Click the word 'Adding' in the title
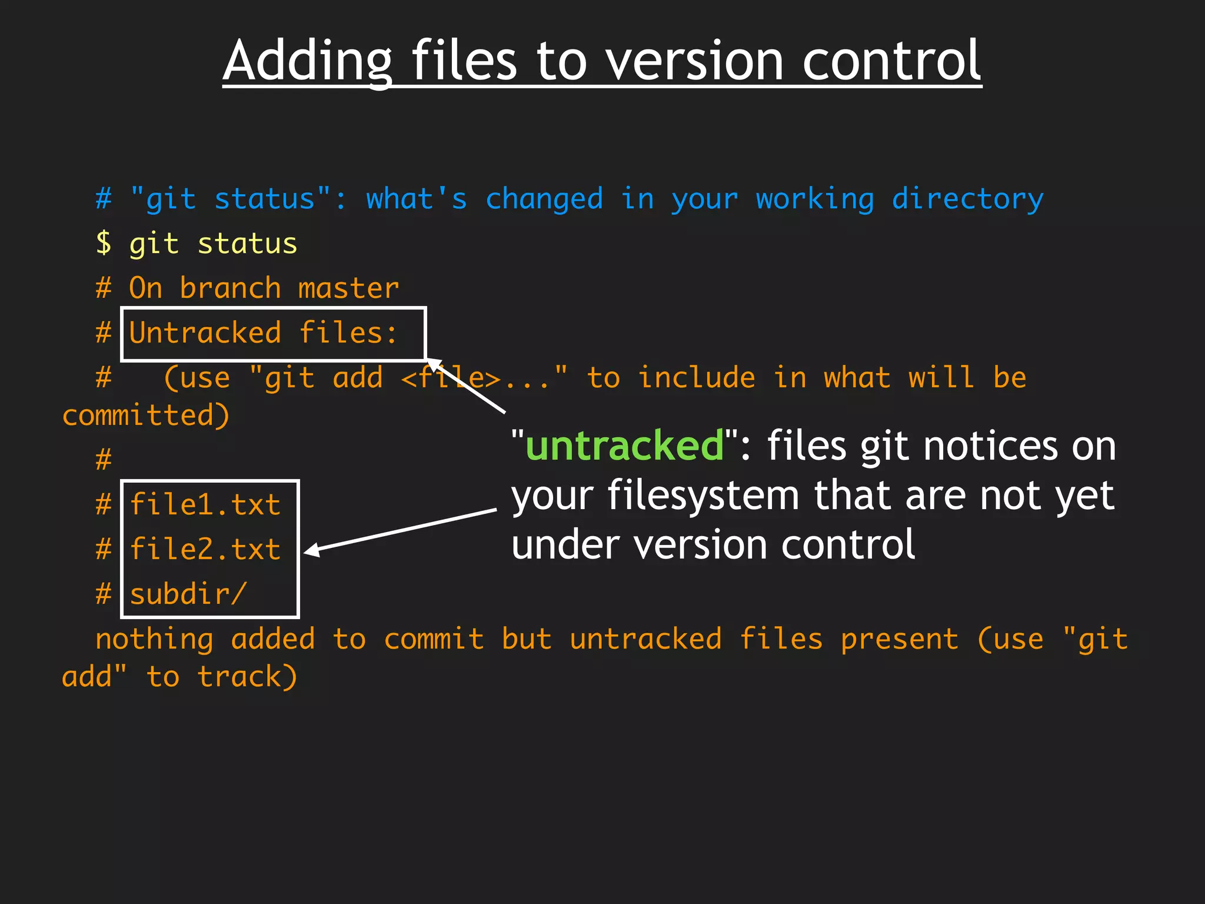[307, 61]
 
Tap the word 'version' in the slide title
[694, 61]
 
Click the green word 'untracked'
[624, 446]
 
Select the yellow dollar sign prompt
[104, 243]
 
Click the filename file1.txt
[205, 505]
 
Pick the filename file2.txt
[205, 550]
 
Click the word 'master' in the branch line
[348, 288]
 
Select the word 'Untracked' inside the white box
[205, 333]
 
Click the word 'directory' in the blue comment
[967, 199]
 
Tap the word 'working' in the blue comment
[815, 199]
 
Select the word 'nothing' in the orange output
[154, 640]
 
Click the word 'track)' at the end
[247, 677]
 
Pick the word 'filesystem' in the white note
[703, 496]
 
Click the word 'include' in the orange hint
[696, 378]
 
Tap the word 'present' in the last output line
[899, 640]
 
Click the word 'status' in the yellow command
[247, 244]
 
